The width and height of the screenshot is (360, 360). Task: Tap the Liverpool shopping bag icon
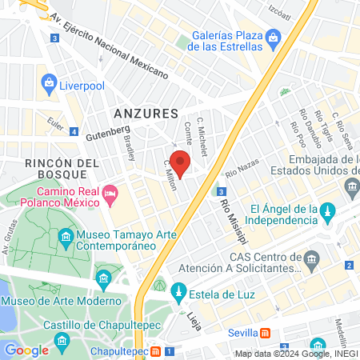(49, 82)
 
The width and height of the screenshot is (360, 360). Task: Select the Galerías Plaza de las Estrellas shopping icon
(273, 38)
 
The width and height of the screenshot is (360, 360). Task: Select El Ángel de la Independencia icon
(326, 211)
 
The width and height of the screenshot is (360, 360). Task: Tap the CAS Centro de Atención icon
(313, 258)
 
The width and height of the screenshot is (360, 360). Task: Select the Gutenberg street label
(107, 131)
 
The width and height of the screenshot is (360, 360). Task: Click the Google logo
(26, 350)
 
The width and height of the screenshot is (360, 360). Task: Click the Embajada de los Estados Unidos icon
(351, 186)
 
